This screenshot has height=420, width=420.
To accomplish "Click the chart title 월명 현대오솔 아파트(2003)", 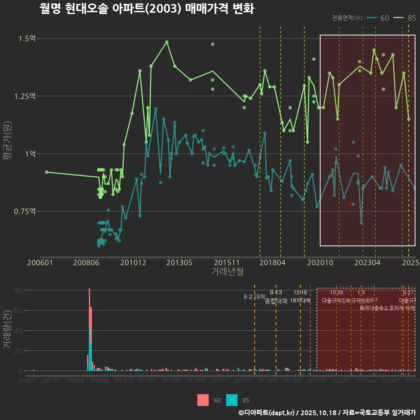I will (x=147, y=9).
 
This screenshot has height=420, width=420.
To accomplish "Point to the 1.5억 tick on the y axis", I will (x=27, y=38).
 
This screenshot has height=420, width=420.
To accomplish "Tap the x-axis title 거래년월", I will (x=227, y=272).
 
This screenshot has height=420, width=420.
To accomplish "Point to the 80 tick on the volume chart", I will (x=18, y=290).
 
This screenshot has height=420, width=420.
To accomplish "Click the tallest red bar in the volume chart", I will (x=89, y=306).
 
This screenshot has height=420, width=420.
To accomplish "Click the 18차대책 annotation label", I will (x=300, y=301).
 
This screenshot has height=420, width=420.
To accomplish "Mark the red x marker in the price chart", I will (x=350, y=204).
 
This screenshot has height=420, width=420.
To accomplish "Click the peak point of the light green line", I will (x=167, y=42).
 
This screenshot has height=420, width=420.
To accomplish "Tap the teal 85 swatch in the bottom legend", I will (x=232, y=400).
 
